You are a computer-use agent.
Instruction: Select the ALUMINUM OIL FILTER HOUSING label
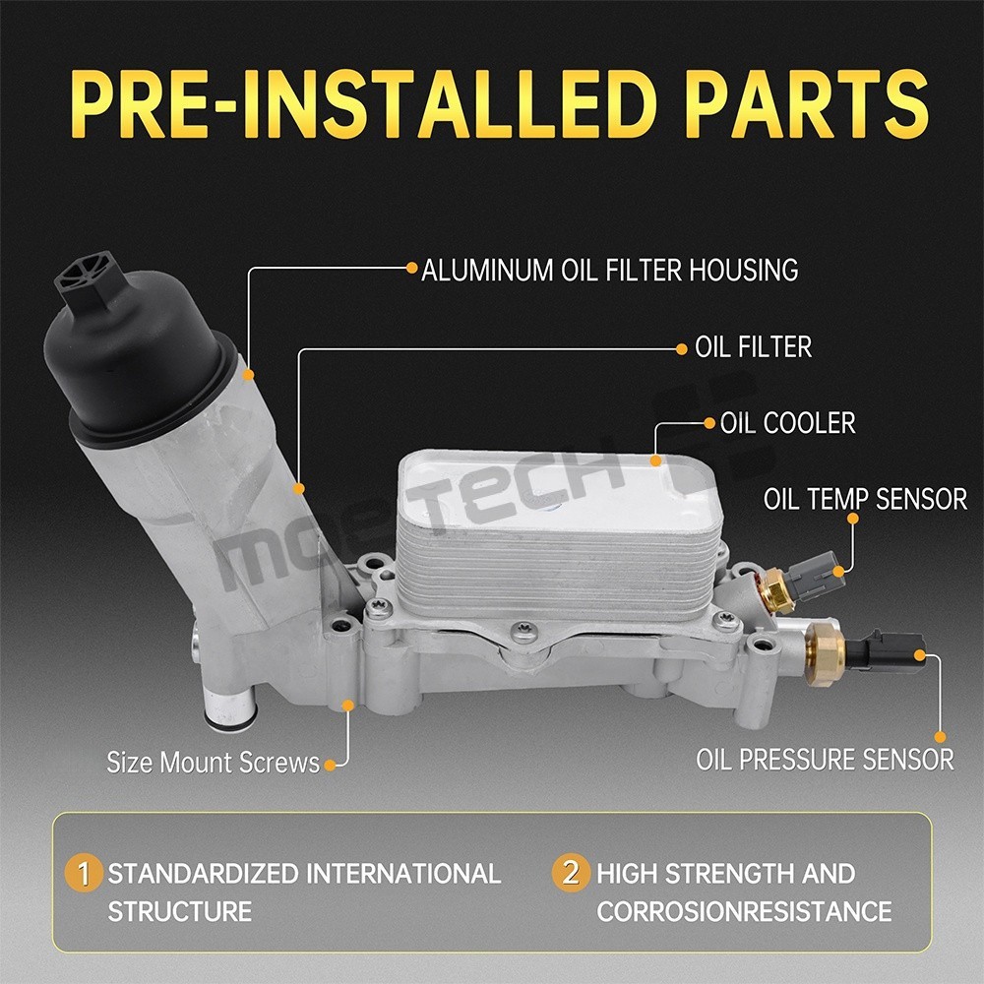point(609,270)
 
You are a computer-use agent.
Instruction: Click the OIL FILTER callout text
point(753,347)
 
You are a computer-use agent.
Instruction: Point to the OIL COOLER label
point(787,423)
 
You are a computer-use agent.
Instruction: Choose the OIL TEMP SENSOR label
point(865,499)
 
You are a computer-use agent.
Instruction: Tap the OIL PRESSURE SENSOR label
point(825,760)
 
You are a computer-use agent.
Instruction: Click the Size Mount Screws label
point(214,763)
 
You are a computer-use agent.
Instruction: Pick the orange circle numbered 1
point(84,873)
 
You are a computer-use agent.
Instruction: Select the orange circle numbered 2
point(571,873)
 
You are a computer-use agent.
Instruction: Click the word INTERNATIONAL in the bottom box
point(403,874)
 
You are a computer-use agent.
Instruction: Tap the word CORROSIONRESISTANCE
point(744,911)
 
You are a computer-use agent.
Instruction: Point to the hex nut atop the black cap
point(86,277)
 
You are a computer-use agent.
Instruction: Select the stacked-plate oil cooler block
point(559,533)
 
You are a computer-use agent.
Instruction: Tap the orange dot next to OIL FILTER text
point(682,349)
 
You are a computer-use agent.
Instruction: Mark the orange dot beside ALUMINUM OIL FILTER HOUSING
point(411,268)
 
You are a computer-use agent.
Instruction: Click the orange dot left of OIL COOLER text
point(709,423)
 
